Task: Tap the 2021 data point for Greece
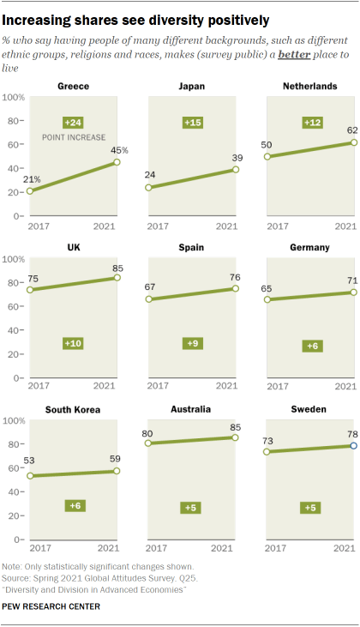tap(117, 162)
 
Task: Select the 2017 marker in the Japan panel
tap(150, 189)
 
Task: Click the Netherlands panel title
tap(311, 87)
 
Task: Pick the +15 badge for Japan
tap(192, 123)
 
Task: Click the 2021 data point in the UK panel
tap(117, 277)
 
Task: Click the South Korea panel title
tap(73, 410)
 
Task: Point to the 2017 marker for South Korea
tap(31, 476)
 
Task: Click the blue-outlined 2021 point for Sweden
tap(353, 446)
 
